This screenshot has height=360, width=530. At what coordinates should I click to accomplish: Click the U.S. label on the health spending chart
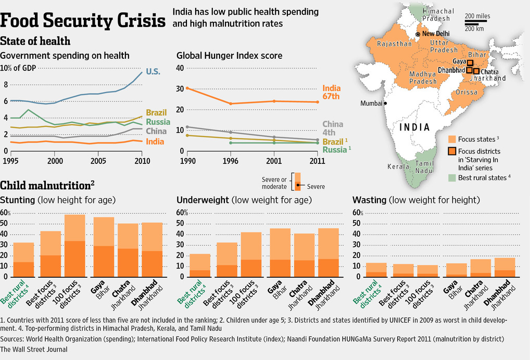(153, 72)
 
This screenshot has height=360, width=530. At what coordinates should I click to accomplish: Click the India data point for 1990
(187, 88)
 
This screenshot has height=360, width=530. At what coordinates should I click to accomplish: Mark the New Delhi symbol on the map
(418, 34)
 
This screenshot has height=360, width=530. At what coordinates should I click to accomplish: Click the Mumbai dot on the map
(385, 103)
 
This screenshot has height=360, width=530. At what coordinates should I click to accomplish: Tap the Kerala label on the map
(398, 167)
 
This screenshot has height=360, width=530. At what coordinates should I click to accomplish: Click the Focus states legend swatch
(451, 139)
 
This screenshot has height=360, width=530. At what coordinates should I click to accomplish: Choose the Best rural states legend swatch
(451, 177)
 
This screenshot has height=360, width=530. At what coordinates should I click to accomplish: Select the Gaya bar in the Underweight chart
(280, 252)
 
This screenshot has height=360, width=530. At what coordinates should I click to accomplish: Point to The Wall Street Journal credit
(34, 350)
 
